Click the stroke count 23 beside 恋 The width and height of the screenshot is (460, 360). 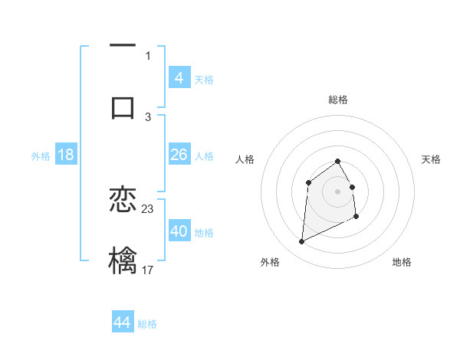click(148, 209)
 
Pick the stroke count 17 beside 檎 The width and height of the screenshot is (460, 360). click(148, 269)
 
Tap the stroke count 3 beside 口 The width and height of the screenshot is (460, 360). click(148, 116)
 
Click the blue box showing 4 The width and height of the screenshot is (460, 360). click(179, 77)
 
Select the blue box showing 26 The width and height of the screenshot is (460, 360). click(179, 155)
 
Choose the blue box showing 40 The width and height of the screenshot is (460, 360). click(179, 231)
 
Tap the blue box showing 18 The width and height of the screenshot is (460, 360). click(66, 155)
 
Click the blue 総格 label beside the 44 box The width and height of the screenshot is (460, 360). click(147, 324)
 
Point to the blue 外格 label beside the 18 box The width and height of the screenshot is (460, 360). click(41, 156)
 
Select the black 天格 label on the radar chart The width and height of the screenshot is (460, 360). click(431, 159)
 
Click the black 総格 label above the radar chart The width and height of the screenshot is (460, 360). click(338, 100)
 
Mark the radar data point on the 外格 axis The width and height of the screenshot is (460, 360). click(301, 242)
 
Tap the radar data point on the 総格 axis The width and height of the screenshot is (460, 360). click(338, 161)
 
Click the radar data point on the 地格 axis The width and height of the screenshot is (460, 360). click(357, 218)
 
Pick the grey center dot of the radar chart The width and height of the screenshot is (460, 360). click(338, 191)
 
